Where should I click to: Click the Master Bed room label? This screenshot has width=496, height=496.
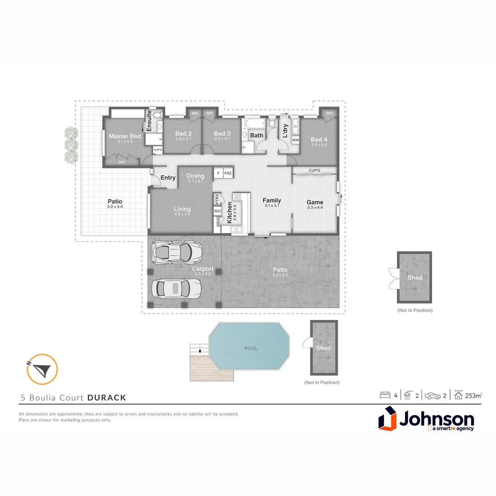click(x=124, y=136)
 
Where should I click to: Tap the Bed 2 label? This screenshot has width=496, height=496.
click(x=183, y=134)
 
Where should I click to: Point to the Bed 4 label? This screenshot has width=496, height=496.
click(x=319, y=140)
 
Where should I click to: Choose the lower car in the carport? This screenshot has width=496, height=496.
click(x=176, y=288)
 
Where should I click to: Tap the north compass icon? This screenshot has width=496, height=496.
click(x=42, y=369)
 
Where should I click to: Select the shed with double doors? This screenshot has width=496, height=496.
click(x=414, y=277)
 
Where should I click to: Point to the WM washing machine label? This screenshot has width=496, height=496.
click(x=295, y=140)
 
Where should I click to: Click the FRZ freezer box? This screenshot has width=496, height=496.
click(x=228, y=173)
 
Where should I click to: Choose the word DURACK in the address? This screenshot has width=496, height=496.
click(x=107, y=398)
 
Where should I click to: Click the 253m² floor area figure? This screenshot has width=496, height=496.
click(x=473, y=395)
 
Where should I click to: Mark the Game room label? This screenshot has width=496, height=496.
click(x=315, y=202)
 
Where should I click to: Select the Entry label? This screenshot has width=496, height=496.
click(x=168, y=178)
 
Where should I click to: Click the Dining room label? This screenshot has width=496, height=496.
click(x=195, y=176)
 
